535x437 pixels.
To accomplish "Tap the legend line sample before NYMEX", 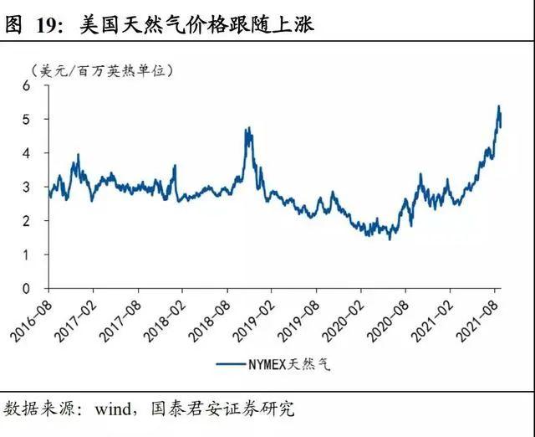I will tap(235, 364).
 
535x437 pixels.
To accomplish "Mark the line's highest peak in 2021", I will tap(498, 106).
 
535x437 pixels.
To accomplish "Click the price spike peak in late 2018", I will tap(248, 128).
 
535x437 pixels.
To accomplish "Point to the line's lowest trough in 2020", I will tap(390, 239).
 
